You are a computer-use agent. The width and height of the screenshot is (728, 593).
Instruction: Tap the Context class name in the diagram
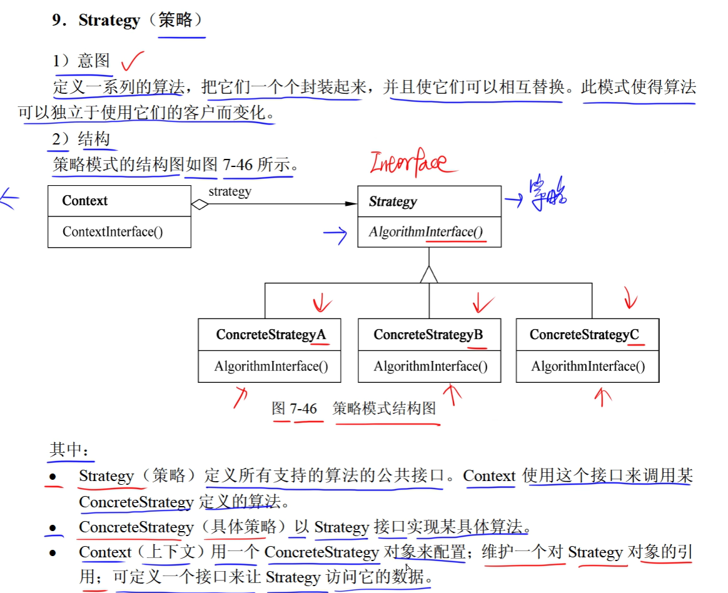(84, 201)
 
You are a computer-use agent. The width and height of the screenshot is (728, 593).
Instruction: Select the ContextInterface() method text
(113, 232)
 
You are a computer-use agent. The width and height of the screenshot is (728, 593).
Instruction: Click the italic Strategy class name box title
(392, 201)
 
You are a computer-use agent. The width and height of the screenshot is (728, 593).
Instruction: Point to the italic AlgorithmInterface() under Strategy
(426, 232)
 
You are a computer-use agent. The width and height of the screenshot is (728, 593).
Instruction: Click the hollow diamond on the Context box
(200, 204)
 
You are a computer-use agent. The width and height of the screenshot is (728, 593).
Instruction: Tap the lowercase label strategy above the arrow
(230, 191)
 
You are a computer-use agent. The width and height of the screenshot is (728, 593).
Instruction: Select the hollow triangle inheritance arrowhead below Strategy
(429, 274)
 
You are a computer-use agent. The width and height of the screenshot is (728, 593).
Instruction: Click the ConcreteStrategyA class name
(271, 335)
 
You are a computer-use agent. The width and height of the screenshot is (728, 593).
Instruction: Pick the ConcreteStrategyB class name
(428, 335)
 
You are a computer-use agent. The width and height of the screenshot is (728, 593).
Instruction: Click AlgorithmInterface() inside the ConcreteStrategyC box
(588, 367)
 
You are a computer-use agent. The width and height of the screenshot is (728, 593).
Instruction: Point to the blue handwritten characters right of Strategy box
(547, 193)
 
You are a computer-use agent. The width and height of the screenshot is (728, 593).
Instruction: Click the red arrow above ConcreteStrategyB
(483, 303)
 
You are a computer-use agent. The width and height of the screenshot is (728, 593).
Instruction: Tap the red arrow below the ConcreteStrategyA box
(240, 397)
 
